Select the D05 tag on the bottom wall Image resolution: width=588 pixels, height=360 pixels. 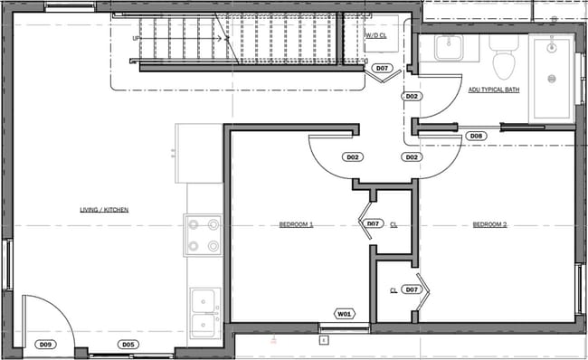128,344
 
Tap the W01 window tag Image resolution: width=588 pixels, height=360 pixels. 344,314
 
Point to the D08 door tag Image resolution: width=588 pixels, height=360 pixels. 477,137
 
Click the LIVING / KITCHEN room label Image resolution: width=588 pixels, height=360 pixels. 104,210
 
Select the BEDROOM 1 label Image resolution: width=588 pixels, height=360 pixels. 296,224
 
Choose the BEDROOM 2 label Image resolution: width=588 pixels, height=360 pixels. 489,224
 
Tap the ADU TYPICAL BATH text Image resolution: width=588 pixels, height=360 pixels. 492,90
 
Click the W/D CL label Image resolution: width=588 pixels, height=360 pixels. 376,36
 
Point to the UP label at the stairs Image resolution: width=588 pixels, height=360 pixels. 137,39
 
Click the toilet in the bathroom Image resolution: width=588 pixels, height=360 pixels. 502,56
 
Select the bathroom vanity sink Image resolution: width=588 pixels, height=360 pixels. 449,48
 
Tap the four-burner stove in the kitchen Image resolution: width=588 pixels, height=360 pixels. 203,234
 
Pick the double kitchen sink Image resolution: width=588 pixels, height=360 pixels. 204,312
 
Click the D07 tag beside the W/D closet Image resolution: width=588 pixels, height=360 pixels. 382,69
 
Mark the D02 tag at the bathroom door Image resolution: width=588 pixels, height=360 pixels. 412,96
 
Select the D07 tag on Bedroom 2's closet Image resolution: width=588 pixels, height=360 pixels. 412,289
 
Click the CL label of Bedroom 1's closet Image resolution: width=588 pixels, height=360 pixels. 394,224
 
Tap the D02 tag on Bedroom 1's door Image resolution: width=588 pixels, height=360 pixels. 353,156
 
